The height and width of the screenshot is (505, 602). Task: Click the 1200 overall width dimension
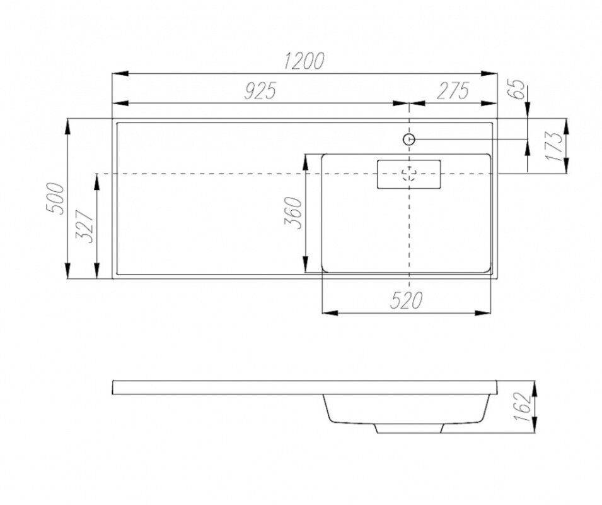click(x=304, y=61)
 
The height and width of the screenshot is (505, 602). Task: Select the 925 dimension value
click(x=260, y=91)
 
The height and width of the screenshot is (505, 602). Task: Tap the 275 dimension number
click(x=453, y=91)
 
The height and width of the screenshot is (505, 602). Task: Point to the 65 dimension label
click(x=518, y=89)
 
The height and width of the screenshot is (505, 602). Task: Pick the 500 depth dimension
click(x=55, y=199)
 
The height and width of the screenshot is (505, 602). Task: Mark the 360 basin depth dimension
click(x=293, y=213)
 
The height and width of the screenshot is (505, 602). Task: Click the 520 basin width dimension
click(x=406, y=300)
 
